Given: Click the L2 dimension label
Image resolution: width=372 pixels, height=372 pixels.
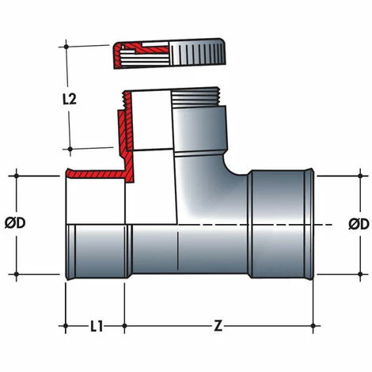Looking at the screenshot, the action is [x=70, y=99].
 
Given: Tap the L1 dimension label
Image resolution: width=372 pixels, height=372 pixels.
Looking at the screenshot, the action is [x=97, y=326].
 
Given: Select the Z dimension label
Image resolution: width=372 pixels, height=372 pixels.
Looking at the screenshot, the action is [x=218, y=326].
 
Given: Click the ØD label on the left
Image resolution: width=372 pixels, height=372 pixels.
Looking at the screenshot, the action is [x=15, y=223].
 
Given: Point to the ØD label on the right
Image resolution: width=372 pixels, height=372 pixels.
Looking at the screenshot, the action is [x=359, y=225].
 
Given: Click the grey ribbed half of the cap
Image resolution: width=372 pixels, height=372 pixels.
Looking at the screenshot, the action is [x=197, y=52].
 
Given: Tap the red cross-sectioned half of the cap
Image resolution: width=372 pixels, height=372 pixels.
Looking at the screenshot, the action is [x=142, y=55].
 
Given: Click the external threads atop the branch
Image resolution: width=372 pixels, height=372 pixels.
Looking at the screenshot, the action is [x=196, y=97].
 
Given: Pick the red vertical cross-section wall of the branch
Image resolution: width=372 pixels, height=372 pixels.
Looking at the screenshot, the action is [x=127, y=137].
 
